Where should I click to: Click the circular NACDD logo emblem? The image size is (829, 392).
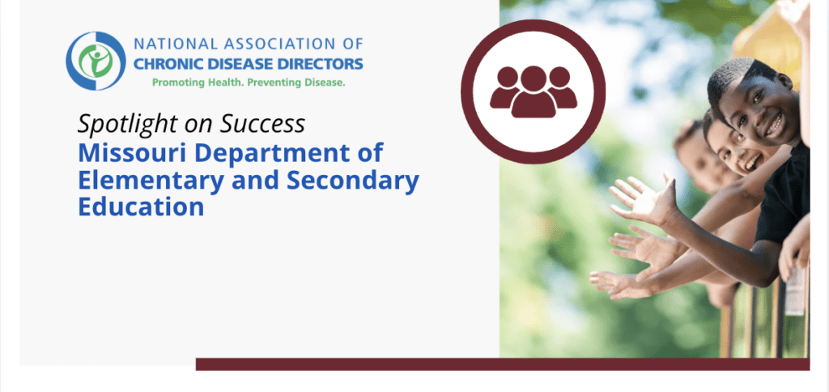click(x=96, y=60)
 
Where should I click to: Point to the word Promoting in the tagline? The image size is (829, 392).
click(x=179, y=83)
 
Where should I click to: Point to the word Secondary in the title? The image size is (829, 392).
click(x=350, y=180)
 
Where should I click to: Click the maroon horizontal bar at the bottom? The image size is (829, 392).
click(x=502, y=364)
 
